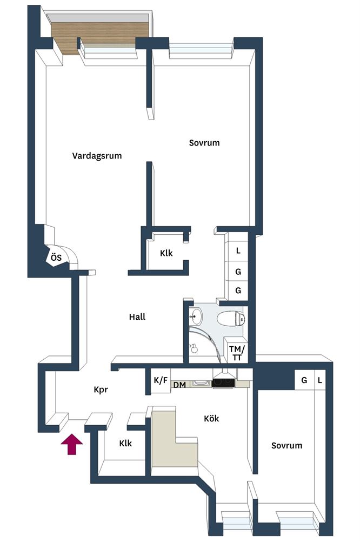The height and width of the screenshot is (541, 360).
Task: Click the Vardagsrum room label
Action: [x=97, y=156]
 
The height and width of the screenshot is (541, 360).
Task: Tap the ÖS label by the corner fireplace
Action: [x=56, y=258]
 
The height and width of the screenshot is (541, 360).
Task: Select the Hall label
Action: [x=137, y=316]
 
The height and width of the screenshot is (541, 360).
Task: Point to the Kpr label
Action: [x=101, y=390]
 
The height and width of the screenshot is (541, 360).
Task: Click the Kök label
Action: [x=211, y=419]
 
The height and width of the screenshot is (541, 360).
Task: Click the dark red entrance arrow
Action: [x=72, y=444]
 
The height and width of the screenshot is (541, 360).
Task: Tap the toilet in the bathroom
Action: [x=231, y=318]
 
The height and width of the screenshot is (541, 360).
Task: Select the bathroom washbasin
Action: [x=196, y=316]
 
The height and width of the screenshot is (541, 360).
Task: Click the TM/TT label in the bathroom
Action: [x=237, y=353]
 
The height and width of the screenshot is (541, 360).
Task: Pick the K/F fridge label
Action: [x=161, y=380]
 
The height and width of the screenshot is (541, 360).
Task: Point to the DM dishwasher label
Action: [x=179, y=385]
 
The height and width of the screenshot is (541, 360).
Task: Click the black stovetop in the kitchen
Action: [x=223, y=382]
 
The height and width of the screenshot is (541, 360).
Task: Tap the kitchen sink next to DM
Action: [x=201, y=383]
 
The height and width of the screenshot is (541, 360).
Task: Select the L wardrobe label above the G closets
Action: [x=238, y=251]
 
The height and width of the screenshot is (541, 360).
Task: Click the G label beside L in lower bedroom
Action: [x=304, y=380]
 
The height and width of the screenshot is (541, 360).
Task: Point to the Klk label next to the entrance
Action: [x=125, y=444]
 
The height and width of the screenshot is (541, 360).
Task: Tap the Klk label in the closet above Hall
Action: [x=166, y=253]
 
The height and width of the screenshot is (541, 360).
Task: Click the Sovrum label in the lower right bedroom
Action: [x=286, y=445]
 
